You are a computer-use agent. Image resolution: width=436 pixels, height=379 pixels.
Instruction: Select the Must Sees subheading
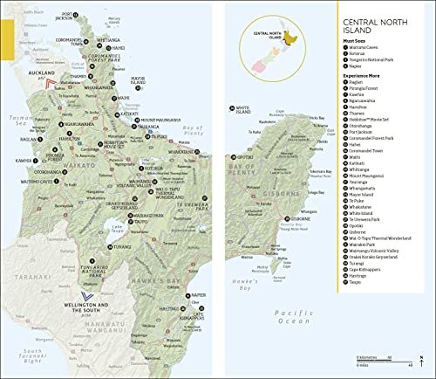tap(353, 55)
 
